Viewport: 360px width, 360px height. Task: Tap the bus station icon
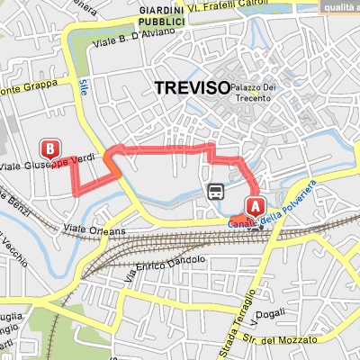[x=216, y=191]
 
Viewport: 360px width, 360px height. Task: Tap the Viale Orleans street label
[x=99, y=230]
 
